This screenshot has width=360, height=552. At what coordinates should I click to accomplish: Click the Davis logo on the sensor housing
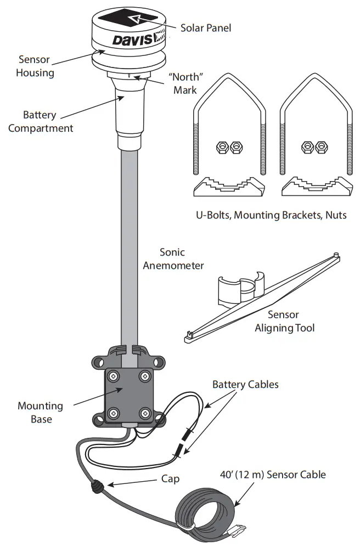[132, 40]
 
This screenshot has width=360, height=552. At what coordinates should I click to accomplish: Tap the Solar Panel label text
[206, 27]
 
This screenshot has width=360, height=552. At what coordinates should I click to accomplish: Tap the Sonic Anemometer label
[173, 259]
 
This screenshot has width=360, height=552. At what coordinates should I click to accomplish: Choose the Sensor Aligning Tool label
[284, 322]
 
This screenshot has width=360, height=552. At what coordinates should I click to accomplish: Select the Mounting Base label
[40, 413]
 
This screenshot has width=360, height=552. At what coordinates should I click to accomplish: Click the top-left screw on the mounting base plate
[114, 376]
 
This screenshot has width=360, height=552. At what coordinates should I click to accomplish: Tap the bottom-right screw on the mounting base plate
[145, 413]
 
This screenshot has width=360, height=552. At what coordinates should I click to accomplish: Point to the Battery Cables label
[245, 385]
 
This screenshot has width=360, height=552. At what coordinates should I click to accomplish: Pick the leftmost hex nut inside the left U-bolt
[222, 147]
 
